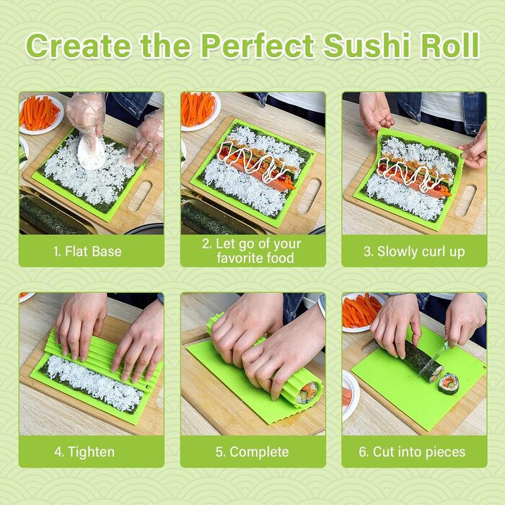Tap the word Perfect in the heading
(x=258, y=45)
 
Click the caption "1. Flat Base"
(x=87, y=251)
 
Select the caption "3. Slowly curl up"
(x=414, y=252)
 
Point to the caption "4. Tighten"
(x=84, y=452)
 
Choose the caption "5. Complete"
(x=252, y=452)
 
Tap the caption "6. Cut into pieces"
(x=412, y=452)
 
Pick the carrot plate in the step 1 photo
(x=40, y=114)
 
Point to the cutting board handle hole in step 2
(x=309, y=196)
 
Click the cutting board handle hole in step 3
(x=466, y=201)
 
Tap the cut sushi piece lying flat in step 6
(x=448, y=384)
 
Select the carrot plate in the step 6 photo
(x=361, y=312)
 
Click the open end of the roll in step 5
(x=308, y=394)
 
